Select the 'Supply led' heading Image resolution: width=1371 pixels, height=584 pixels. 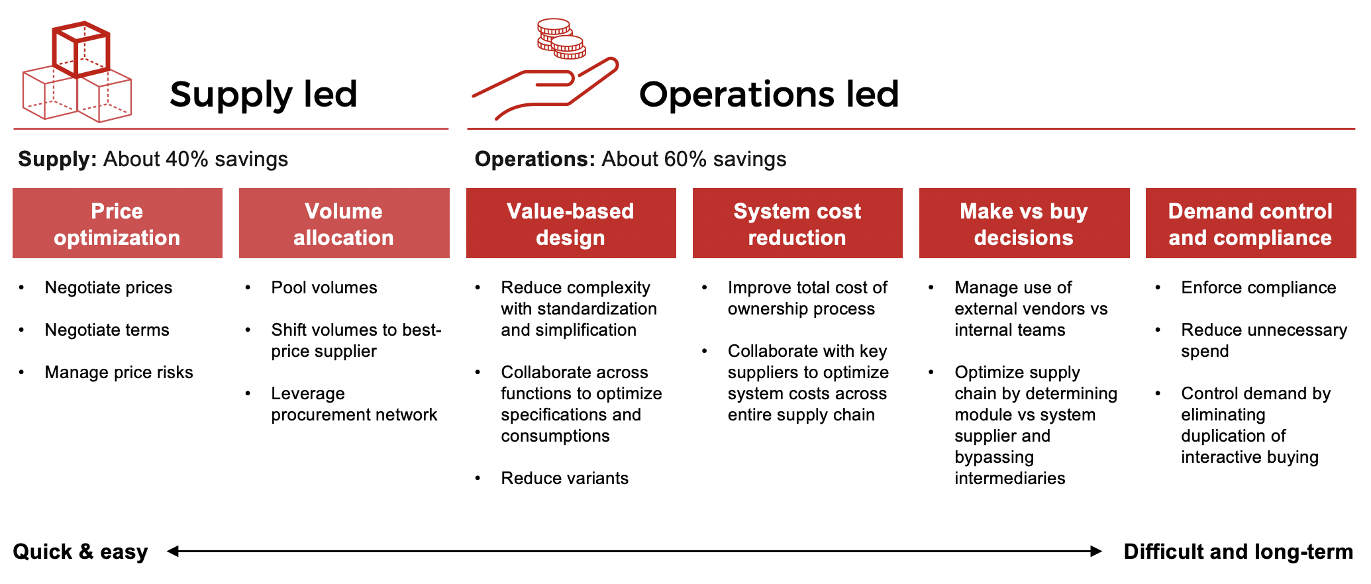click(x=264, y=94)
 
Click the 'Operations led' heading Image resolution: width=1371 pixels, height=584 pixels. click(x=769, y=94)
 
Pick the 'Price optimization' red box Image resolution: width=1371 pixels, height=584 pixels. click(x=117, y=223)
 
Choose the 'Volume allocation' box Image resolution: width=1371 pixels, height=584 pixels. click(x=344, y=223)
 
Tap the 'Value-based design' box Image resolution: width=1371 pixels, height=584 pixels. click(x=571, y=223)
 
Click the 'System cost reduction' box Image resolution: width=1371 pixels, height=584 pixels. click(x=797, y=223)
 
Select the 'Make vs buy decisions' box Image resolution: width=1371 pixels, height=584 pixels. click(x=1024, y=223)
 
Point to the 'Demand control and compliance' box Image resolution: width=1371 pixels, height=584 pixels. click(x=1250, y=223)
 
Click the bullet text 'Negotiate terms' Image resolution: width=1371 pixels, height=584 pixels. click(x=107, y=330)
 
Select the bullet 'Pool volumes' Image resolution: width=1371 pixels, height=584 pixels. click(x=324, y=287)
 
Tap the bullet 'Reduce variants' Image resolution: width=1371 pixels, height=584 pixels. click(x=564, y=478)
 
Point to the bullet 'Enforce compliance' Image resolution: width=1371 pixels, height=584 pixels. click(x=1258, y=287)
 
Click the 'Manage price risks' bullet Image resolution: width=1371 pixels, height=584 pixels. click(x=119, y=372)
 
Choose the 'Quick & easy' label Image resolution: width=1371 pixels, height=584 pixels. click(x=80, y=552)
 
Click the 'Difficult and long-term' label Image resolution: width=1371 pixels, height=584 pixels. click(x=1239, y=552)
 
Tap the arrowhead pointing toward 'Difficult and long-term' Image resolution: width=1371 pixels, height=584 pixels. click(x=1096, y=551)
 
